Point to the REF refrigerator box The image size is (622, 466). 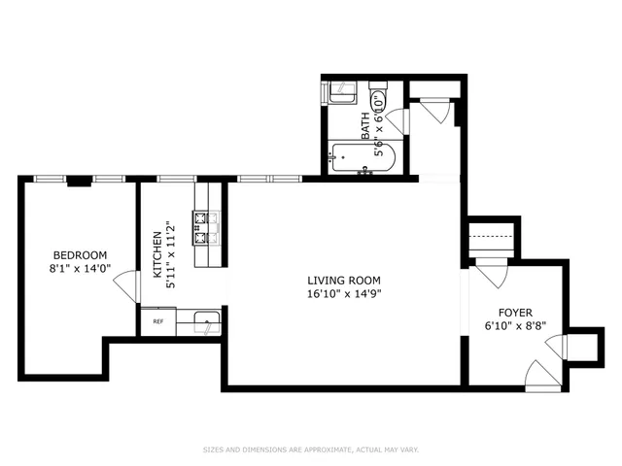156,320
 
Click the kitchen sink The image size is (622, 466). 205,320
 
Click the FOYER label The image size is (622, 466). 515,313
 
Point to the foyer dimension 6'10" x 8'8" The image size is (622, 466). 515,326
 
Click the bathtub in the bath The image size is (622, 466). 360,158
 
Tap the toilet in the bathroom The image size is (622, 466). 379,98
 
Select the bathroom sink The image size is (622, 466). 341,94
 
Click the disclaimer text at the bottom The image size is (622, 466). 310,449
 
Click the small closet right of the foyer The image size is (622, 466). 582,345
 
